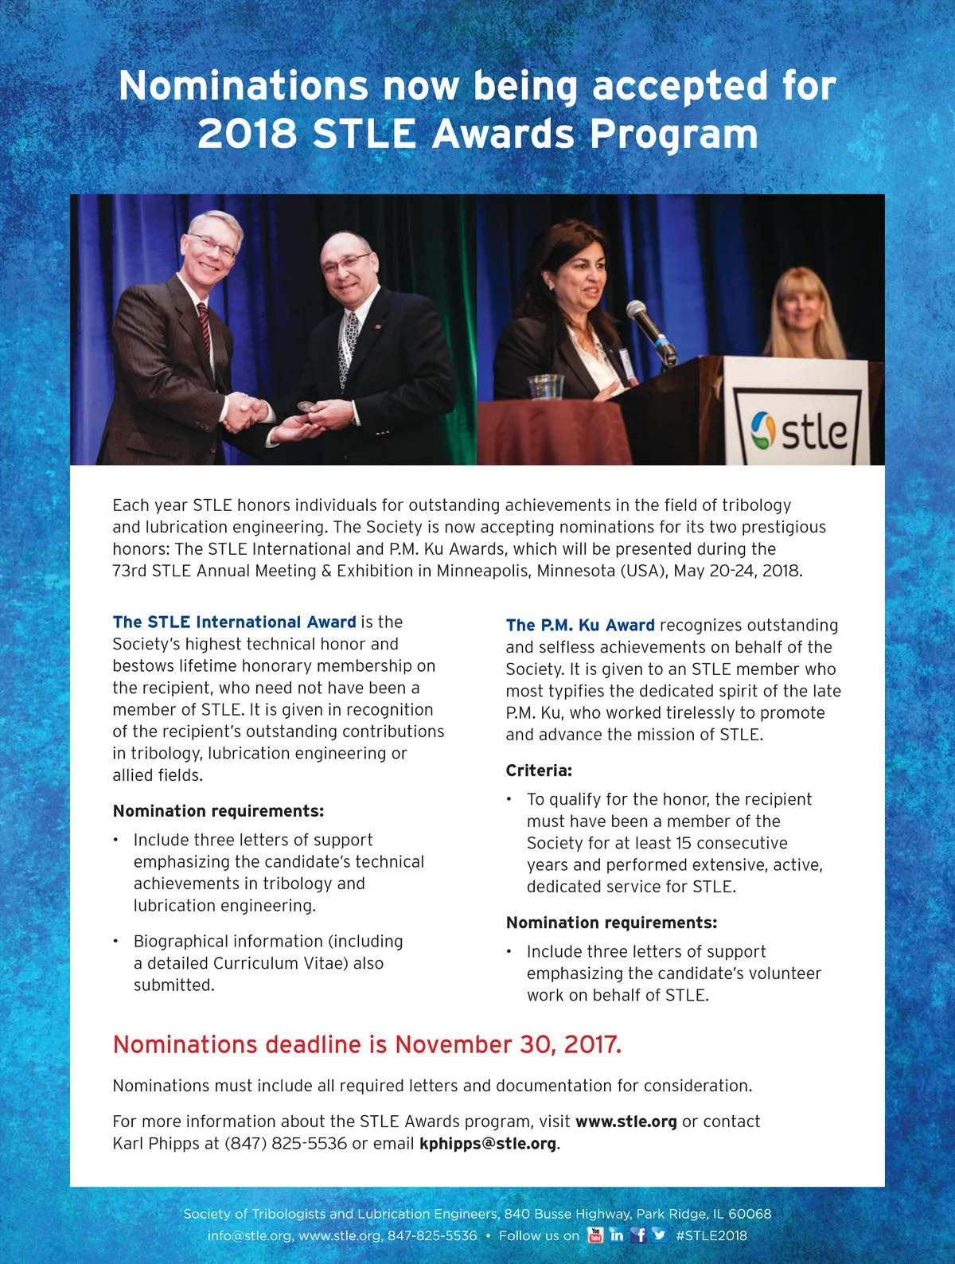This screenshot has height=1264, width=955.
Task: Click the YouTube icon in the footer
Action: pyautogui.click(x=595, y=1235)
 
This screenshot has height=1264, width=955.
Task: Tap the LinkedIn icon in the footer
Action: pyautogui.click(x=617, y=1235)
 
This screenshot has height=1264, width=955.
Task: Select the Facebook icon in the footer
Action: pyautogui.click(x=638, y=1235)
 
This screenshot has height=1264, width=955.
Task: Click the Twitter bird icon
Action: pyautogui.click(x=659, y=1235)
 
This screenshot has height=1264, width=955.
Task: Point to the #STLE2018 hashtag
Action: pyautogui.click(x=711, y=1235)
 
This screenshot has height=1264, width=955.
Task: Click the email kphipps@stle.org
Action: pyautogui.click(x=488, y=1144)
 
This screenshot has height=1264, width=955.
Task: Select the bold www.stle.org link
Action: pyautogui.click(x=626, y=1122)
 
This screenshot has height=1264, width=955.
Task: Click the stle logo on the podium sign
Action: pyautogui.click(x=800, y=431)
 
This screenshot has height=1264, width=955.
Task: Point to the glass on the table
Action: pyautogui.click(x=546, y=387)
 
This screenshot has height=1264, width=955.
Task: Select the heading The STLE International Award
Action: pyautogui.click(x=234, y=622)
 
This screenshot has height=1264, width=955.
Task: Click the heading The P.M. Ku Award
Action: pyautogui.click(x=580, y=626)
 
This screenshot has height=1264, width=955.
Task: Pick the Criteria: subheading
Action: pyautogui.click(x=539, y=770)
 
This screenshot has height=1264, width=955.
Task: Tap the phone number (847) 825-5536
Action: pyautogui.click(x=286, y=1144)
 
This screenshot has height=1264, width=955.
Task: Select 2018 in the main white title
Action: pyautogui.click(x=247, y=133)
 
